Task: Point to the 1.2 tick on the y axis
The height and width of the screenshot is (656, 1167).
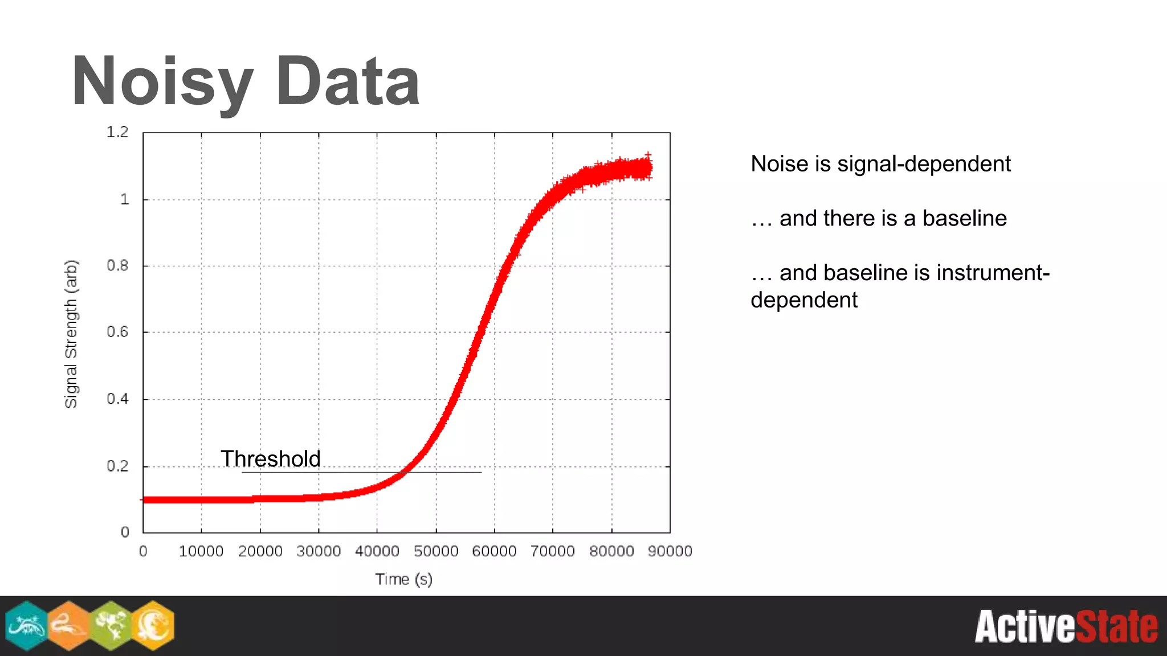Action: click(x=117, y=132)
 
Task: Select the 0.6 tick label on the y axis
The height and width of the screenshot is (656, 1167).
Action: click(x=117, y=332)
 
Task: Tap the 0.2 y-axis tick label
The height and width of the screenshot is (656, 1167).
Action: click(x=117, y=466)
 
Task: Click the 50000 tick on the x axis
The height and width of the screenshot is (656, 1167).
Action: click(x=436, y=551)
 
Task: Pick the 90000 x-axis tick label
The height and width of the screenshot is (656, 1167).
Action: click(x=670, y=551)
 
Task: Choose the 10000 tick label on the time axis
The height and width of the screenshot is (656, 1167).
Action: click(x=201, y=551)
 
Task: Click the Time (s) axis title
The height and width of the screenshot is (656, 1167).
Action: click(x=403, y=579)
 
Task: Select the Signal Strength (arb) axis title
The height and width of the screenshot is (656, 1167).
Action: click(x=71, y=334)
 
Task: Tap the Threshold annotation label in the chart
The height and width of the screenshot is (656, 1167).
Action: click(x=271, y=458)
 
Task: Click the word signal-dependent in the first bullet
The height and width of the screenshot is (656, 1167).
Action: click(x=924, y=164)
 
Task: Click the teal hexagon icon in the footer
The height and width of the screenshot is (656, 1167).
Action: click(x=26, y=625)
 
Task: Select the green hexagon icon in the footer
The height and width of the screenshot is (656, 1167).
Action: click(x=112, y=625)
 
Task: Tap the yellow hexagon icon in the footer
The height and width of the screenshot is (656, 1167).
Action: click(x=153, y=625)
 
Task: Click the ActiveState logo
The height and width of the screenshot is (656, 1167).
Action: click(x=1066, y=626)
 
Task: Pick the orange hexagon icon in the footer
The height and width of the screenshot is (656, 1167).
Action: click(x=69, y=625)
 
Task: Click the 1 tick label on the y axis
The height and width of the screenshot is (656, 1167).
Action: click(x=124, y=199)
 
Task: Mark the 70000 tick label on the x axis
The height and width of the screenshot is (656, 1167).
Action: click(x=552, y=551)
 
